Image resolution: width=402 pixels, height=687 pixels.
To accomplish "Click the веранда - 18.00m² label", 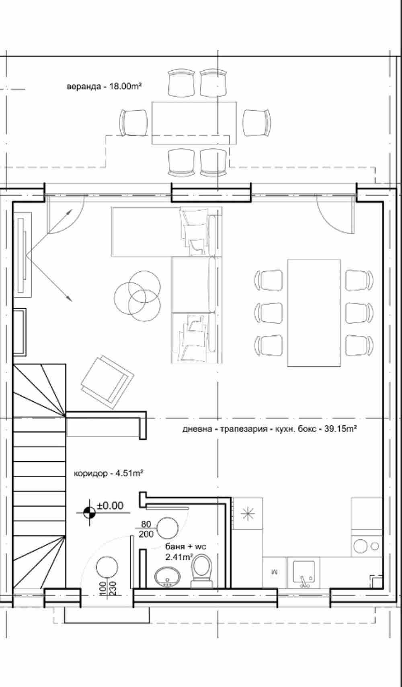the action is [x=104, y=86].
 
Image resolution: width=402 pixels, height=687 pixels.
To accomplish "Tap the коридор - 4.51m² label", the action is [x=109, y=473].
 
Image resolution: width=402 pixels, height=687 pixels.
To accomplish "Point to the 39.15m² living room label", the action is [x=269, y=428].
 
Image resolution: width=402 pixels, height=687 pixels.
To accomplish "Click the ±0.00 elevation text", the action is [x=110, y=505].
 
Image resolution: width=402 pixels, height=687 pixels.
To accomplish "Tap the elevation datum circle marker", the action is [x=90, y=512].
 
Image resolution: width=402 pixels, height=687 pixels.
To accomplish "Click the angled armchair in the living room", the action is [x=107, y=382].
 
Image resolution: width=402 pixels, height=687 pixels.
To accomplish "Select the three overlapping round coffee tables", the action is [x=137, y=296].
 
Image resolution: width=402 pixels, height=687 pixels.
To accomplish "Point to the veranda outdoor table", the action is [x=194, y=123].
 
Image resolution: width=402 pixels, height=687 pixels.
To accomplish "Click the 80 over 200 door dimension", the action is [x=146, y=529].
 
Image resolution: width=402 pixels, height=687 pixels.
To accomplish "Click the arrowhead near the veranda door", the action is [x=70, y=212].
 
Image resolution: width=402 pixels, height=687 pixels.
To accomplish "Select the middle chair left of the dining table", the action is [x=268, y=313].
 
